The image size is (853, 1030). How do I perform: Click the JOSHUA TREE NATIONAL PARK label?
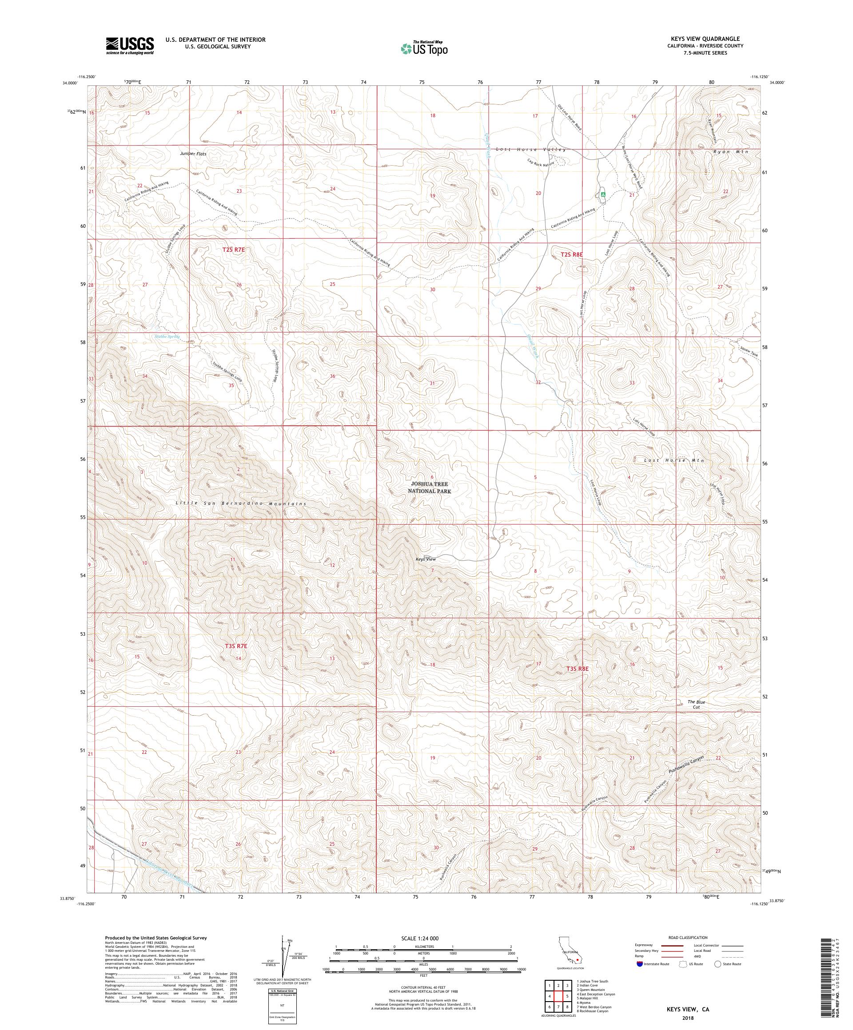point(430,487)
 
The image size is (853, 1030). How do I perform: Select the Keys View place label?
point(426,559)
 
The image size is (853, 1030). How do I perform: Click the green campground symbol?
point(603,195)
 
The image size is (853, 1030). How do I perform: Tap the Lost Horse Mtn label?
point(674,460)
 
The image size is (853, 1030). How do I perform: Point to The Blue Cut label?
point(696,704)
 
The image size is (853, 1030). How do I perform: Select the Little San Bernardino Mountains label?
point(241,504)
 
